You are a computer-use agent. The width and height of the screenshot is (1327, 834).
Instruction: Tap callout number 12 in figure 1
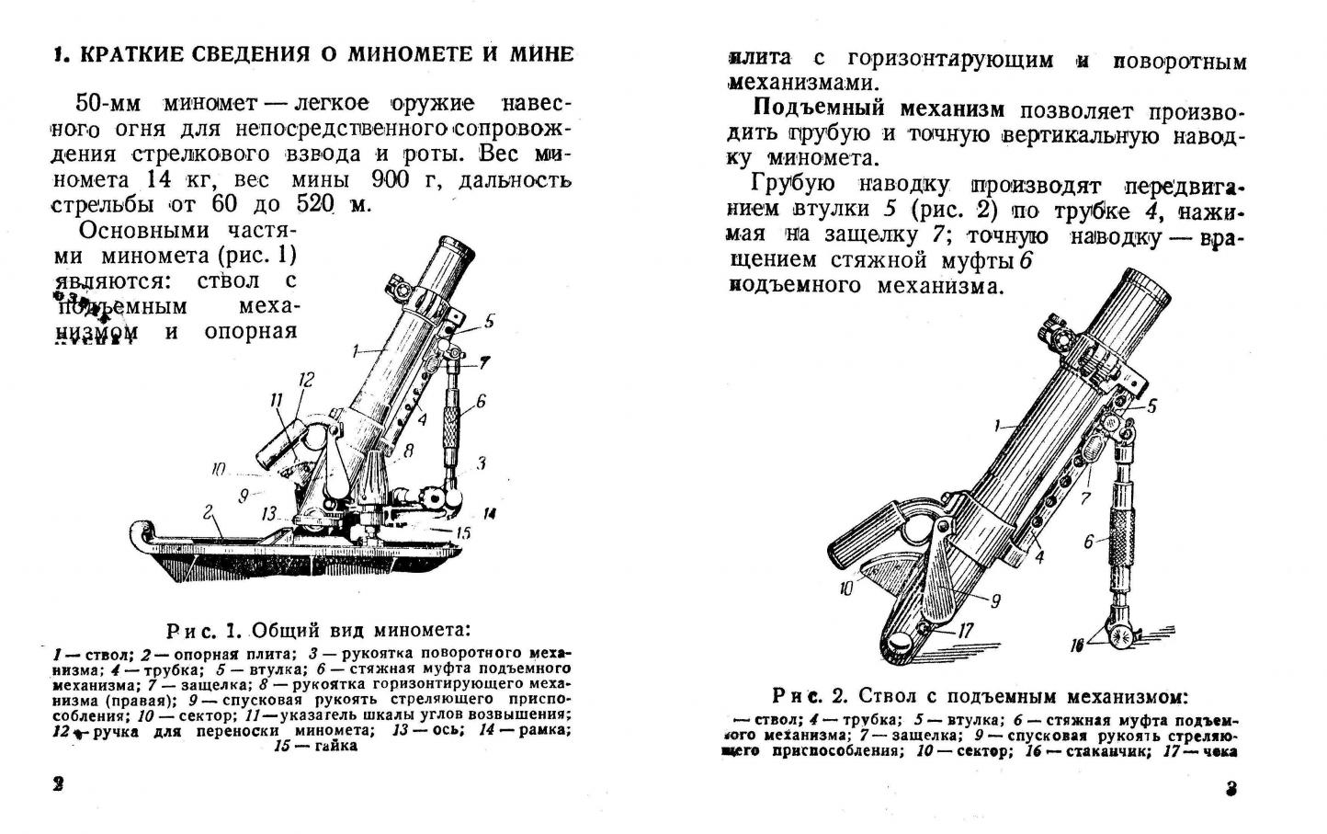(x=306, y=379)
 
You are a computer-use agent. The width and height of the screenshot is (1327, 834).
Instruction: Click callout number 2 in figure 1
(x=209, y=510)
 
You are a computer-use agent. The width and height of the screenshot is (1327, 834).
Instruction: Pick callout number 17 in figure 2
(x=964, y=631)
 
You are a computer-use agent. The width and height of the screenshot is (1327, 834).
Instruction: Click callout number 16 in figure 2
(x=1076, y=645)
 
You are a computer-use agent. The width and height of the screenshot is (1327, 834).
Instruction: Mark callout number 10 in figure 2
(x=846, y=588)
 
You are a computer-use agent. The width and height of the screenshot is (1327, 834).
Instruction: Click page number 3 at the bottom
(x=1233, y=789)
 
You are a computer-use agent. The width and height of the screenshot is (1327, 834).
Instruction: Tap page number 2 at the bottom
(x=58, y=784)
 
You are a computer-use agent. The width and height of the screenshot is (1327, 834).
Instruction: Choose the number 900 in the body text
(x=392, y=178)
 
